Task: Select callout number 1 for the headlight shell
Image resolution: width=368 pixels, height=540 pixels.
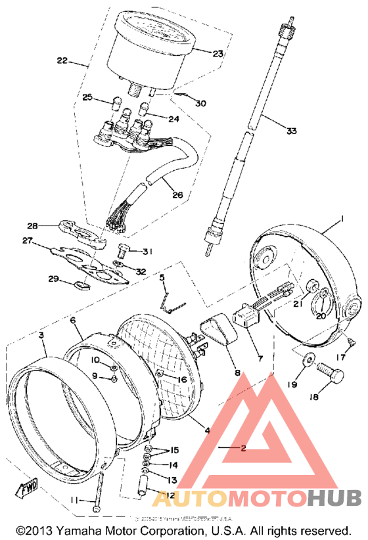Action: pyautogui.click(x=342, y=219)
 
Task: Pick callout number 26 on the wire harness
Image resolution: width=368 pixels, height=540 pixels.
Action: pyautogui.click(x=178, y=195)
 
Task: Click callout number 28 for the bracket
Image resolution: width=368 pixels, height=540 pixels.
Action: pyautogui.click(x=51, y=225)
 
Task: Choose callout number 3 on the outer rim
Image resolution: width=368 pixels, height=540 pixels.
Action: pyautogui.click(x=41, y=335)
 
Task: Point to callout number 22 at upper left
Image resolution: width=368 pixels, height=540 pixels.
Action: pyautogui.click(x=62, y=61)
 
